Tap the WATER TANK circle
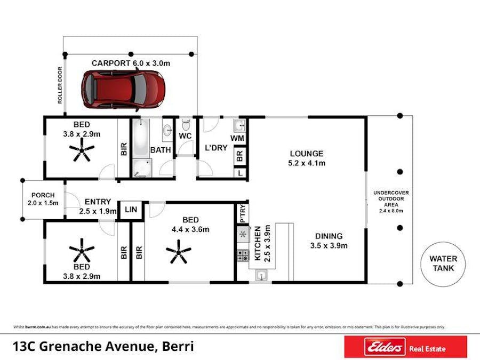point(443,263)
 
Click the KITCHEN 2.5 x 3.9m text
point(262,243)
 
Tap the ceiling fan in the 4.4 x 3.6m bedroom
point(178,251)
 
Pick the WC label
point(185,137)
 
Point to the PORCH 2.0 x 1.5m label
point(43,199)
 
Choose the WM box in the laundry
point(238,138)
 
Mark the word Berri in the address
point(177,347)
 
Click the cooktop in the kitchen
point(243,255)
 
